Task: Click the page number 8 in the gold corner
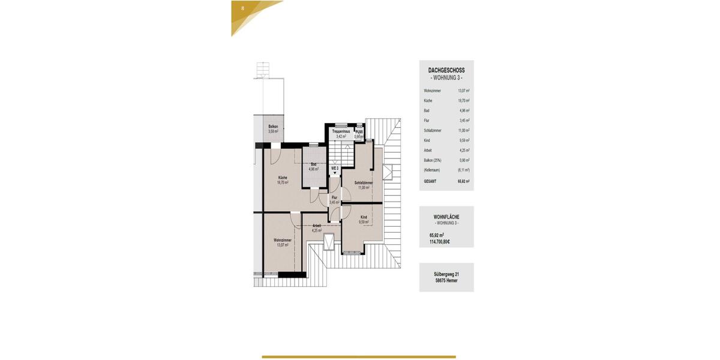(242, 8)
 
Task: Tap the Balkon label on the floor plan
(273, 127)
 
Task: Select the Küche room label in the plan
(283, 178)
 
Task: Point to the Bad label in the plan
(313, 164)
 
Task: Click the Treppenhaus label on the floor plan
(341, 131)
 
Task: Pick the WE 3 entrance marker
(335, 169)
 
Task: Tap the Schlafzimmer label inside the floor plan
(364, 182)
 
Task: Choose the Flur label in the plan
(334, 197)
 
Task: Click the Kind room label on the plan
(364, 217)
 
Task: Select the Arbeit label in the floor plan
(317, 226)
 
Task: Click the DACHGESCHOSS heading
(446, 70)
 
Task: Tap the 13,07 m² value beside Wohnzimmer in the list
(464, 91)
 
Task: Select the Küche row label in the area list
(428, 101)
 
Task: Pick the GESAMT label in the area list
(430, 180)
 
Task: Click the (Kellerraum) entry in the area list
(432, 170)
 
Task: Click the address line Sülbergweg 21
(446, 274)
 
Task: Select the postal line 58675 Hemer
(446, 280)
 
